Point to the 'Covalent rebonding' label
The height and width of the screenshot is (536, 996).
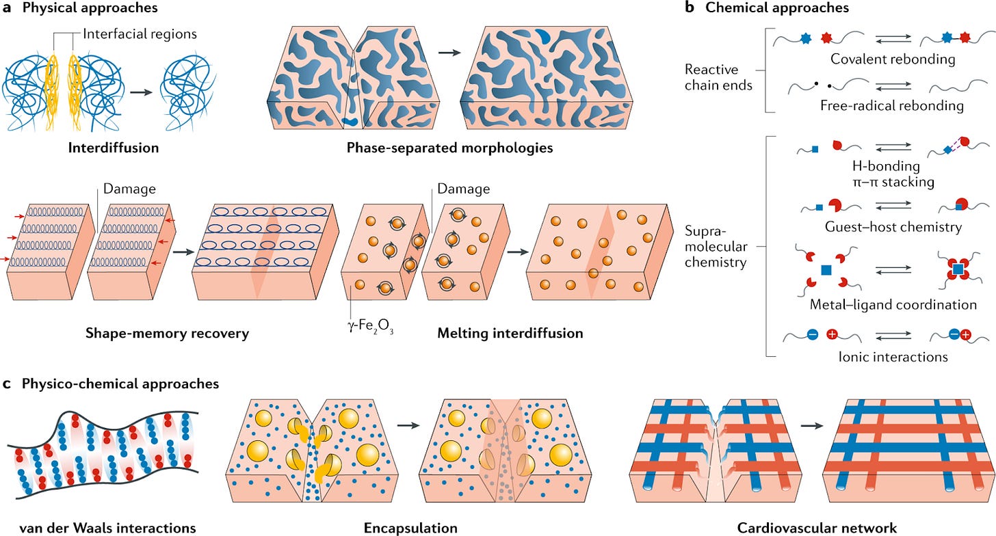point(893,59)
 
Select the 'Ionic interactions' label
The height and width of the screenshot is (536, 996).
point(883,356)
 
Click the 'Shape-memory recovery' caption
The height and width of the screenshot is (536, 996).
point(167,334)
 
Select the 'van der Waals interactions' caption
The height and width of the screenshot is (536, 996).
point(98,527)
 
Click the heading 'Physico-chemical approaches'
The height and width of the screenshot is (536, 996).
point(120,384)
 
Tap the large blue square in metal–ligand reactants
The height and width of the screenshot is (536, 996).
point(825,271)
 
